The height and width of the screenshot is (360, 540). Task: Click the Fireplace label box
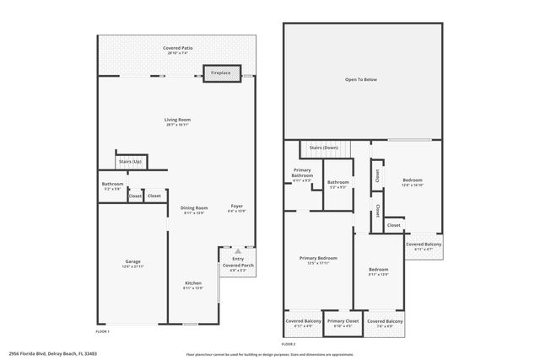tap(222, 73)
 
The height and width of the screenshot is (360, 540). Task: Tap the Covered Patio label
tap(177, 49)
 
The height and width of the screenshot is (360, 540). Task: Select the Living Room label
tap(177, 120)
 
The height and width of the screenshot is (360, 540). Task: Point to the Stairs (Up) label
tap(131, 161)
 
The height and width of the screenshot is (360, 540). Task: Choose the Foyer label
tap(237, 206)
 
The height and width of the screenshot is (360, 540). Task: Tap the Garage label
tap(133, 261)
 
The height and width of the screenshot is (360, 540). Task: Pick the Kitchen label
tap(194, 283)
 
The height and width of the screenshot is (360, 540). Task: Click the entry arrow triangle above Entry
tap(238, 251)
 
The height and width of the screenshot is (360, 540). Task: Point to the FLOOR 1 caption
tap(102, 332)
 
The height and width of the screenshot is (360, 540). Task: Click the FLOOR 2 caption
tap(289, 343)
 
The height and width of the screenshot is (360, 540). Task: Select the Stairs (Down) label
tap(324, 148)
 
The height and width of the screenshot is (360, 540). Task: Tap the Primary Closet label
tap(343, 321)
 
